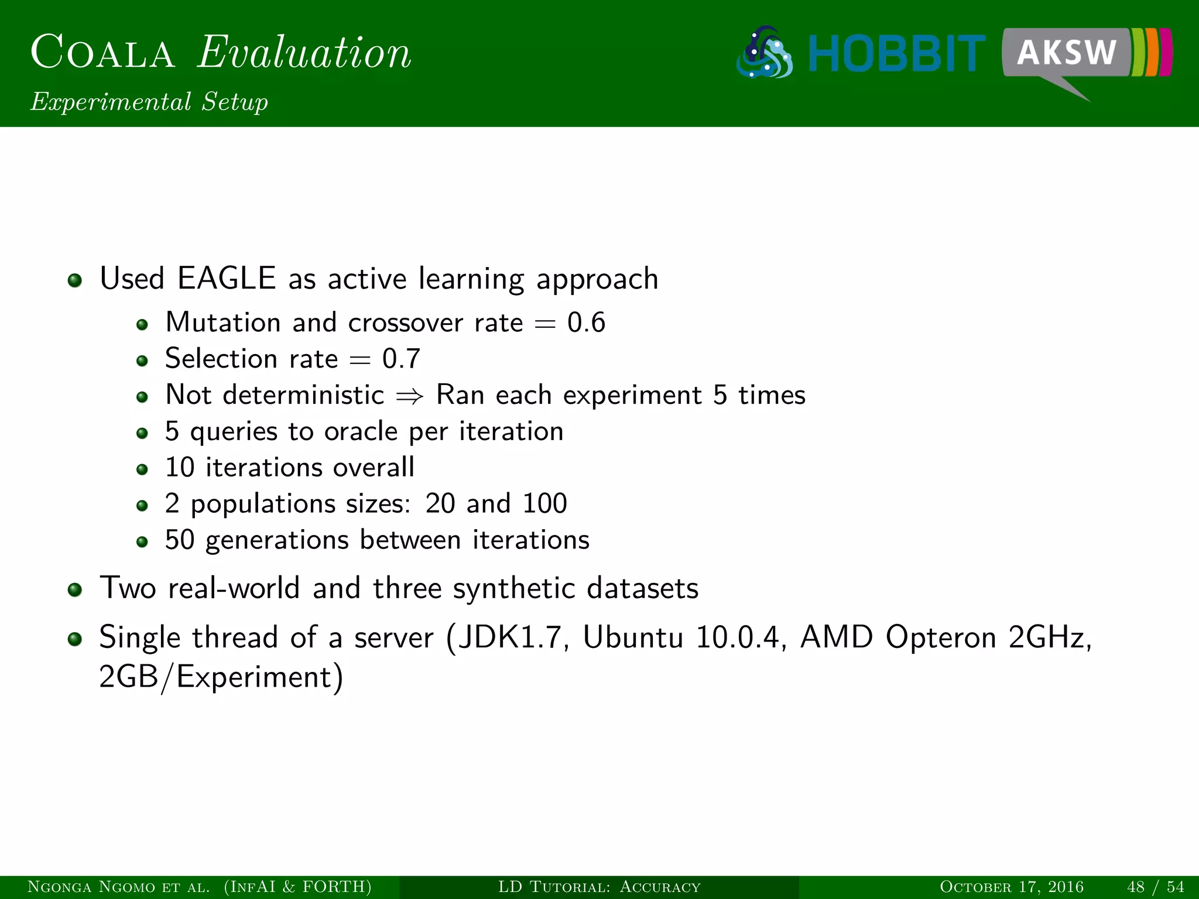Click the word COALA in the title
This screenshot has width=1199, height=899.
click(102, 53)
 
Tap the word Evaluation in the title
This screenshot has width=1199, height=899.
click(304, 53)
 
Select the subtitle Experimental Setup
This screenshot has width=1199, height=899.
click(149, 102)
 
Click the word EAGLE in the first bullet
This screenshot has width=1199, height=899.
click(227, 278)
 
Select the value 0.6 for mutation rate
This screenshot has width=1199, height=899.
click(586, 322)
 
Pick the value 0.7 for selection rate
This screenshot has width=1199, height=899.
click(401, 359)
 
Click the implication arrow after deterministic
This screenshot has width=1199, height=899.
click(410, 396)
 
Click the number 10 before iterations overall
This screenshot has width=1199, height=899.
click(179, 468)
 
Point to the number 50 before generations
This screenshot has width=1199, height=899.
click(179, 540)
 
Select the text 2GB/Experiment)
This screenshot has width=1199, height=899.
click(221, 677)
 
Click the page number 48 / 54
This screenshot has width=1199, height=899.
click(1155, 887)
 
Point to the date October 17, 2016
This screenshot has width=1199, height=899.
click(1011, 887)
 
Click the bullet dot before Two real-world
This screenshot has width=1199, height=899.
click(74, 589)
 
